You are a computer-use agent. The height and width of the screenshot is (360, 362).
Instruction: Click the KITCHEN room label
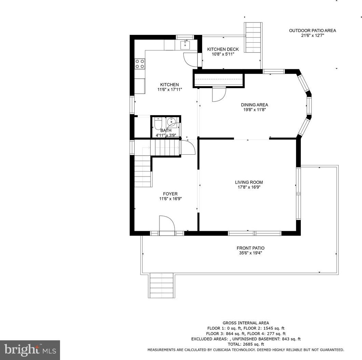(x=169, y=85)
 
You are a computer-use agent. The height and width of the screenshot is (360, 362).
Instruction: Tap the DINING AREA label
(x=254, y=105)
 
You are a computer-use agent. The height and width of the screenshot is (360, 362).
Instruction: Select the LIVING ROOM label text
(x=249, y=182)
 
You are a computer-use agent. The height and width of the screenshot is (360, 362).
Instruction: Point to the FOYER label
(x=170, y=194)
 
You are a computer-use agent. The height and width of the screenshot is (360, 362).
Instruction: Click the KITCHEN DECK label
(x=223, y=49)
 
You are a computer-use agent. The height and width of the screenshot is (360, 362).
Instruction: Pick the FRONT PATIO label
(x=250, y=248)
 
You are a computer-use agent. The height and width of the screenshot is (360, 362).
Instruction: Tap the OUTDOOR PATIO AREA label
(x=312, y=30)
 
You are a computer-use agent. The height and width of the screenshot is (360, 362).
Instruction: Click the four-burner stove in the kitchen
(x=140, y=64)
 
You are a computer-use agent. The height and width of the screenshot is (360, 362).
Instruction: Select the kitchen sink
(x=185, y=45)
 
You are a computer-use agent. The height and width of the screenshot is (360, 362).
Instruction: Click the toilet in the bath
(x=158, y=124)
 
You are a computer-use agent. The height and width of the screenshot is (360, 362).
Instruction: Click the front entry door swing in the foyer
(x=167, y=223)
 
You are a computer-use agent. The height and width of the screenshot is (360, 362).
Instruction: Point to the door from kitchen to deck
(x=191, y=59)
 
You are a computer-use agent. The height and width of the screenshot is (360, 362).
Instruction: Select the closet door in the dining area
(x=219, y=95)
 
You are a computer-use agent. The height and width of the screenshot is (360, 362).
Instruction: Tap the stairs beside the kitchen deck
(x=253, y=37)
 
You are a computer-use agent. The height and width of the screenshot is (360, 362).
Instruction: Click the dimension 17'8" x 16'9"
(x=249, y=187)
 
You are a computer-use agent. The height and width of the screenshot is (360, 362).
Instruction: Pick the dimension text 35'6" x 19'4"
(x=250, y=253)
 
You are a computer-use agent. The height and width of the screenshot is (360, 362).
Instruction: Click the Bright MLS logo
(x=30, y=350)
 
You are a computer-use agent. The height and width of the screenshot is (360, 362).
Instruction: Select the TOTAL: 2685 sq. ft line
(x=246, y=344)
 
